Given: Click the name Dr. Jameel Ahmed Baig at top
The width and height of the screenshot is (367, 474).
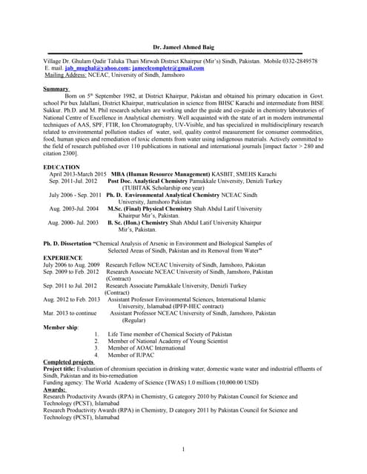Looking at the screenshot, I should click(x=182, y=47).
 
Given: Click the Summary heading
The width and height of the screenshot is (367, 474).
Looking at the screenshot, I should click(x=56, y=88).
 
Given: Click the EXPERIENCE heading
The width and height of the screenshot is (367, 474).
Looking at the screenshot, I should click(x=62, y=256).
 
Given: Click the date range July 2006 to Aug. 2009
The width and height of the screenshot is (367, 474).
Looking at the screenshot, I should click(x=72, y=264).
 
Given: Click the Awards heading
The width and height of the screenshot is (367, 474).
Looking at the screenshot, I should click(x=55, y=389).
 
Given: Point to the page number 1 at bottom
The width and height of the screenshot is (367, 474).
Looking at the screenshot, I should click(x=182, y=450).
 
